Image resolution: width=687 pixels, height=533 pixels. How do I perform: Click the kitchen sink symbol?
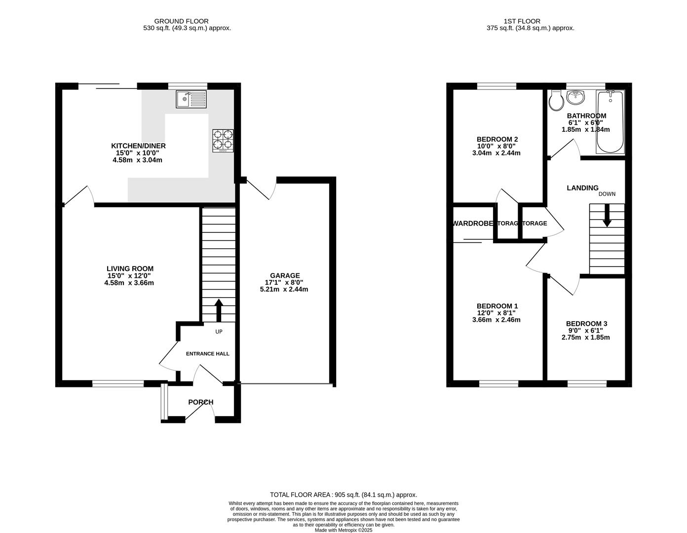[x=191, y=99]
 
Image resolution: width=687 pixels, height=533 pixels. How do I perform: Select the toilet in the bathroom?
[x=556, y=100]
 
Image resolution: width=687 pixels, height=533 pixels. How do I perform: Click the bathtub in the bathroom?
[x=611, y=122]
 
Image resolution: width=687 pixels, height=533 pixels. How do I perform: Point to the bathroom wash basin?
[x=575, y=98]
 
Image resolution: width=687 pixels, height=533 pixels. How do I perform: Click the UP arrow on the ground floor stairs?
[x=218, y=310]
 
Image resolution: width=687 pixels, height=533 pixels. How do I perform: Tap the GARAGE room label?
[x=284, y=275]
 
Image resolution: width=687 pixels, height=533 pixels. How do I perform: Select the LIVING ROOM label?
[x=130, y=268]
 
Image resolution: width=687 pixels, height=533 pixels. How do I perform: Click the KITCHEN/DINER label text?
[x=138, y=146]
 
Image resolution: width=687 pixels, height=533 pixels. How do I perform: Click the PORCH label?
[x=200, y=402]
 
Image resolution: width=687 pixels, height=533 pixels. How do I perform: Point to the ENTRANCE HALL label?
[x=207, y=353]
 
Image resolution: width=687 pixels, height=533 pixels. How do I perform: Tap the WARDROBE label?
[x=473, y=223]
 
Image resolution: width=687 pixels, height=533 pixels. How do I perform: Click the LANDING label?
[x=582, y=188]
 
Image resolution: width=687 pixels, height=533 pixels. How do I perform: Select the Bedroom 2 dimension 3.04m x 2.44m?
[x=496, y=153]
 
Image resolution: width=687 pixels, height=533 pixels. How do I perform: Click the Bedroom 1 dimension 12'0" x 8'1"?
[x=496, y=313]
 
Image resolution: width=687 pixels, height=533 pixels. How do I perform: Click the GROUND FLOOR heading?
[x=181, y=21]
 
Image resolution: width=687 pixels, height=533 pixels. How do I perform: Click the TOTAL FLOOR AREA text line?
[x=343, y=495]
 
